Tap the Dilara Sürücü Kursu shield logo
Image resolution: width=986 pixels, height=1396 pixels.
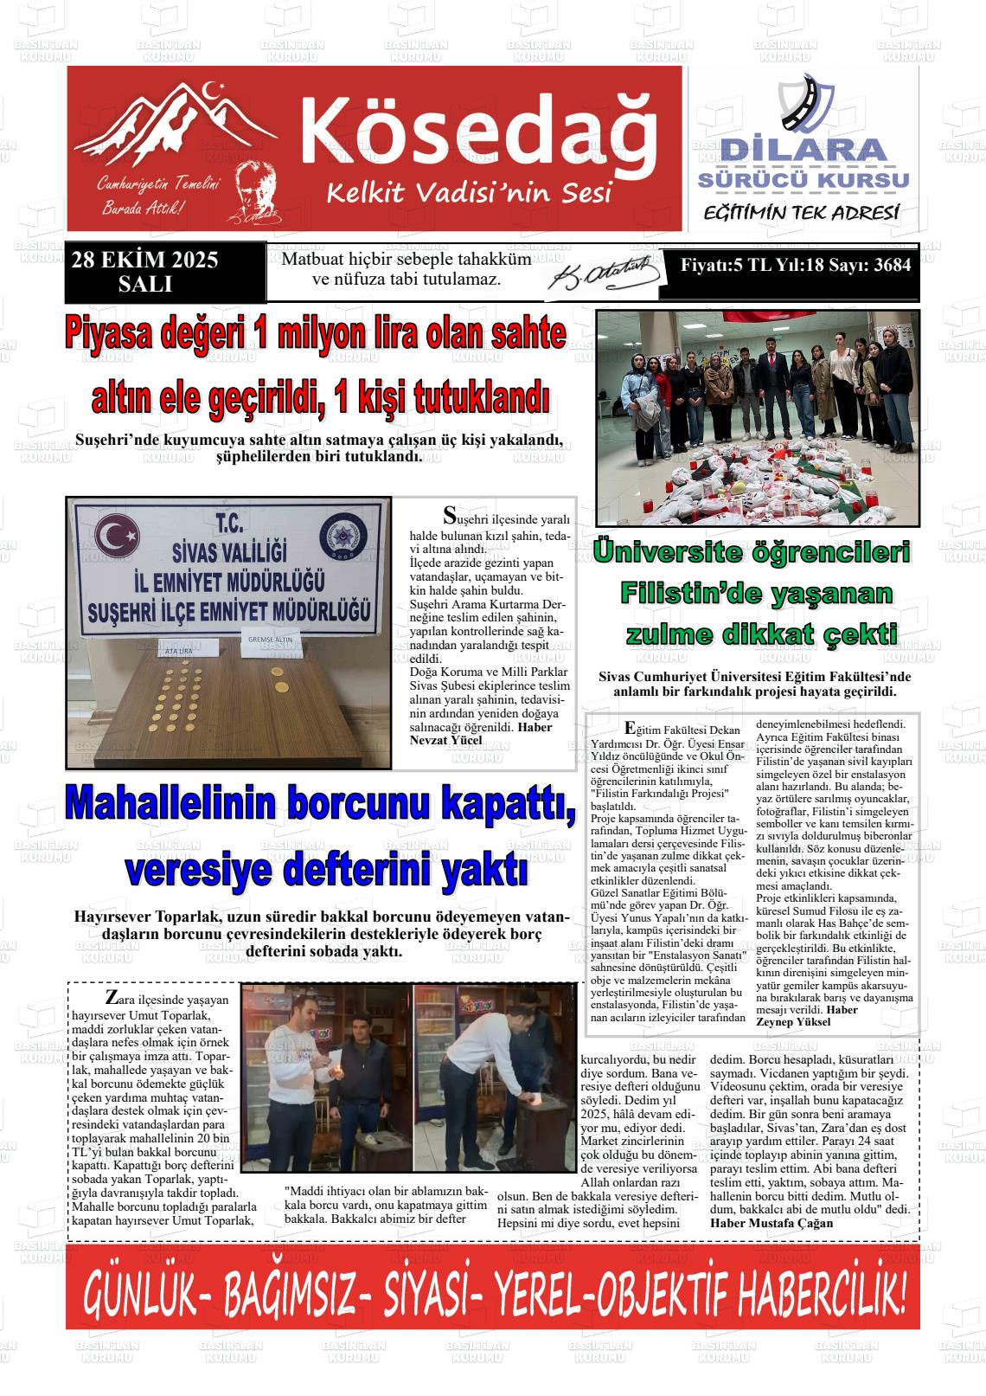[x=804, y=105]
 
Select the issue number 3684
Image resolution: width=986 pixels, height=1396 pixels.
[x=892, y=266]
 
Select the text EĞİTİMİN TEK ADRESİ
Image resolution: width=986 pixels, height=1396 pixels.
[x=803, y=212]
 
